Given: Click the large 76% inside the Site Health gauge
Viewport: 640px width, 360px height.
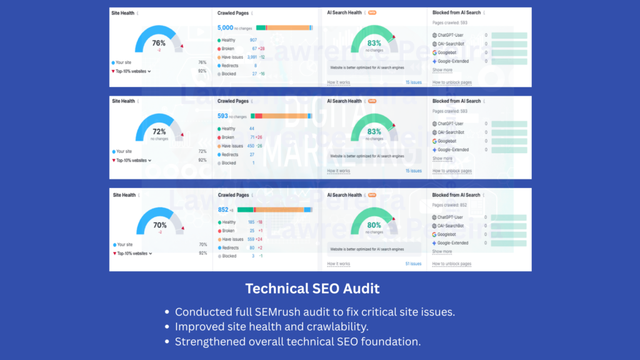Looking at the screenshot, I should [159, 43].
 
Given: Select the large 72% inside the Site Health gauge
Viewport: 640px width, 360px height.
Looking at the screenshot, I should [159, 132].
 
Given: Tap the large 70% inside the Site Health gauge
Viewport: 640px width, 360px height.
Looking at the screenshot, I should [159, 225].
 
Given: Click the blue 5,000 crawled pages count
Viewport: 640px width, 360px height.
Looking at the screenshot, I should [225, 27].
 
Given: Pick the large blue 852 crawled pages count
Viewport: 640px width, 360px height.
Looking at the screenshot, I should [223, 210].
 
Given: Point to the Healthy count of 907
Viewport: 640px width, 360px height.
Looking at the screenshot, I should [253, 40].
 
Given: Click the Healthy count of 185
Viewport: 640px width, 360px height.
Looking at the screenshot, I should [251, 222].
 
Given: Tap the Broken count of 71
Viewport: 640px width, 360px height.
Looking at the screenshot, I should [252, 137].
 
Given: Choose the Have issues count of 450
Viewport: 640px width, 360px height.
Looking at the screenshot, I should [251, 146].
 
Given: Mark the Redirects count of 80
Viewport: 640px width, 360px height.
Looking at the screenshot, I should [252, 247].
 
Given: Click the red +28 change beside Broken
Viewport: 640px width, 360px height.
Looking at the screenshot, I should [261, 48].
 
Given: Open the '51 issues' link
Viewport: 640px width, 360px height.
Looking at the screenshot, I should [413, 264].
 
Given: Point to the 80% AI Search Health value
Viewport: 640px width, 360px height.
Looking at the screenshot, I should [374, 225].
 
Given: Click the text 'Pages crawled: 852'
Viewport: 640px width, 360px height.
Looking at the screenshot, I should [450, 205].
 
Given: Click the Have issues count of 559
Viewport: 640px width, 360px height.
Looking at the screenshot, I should [251, 239].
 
